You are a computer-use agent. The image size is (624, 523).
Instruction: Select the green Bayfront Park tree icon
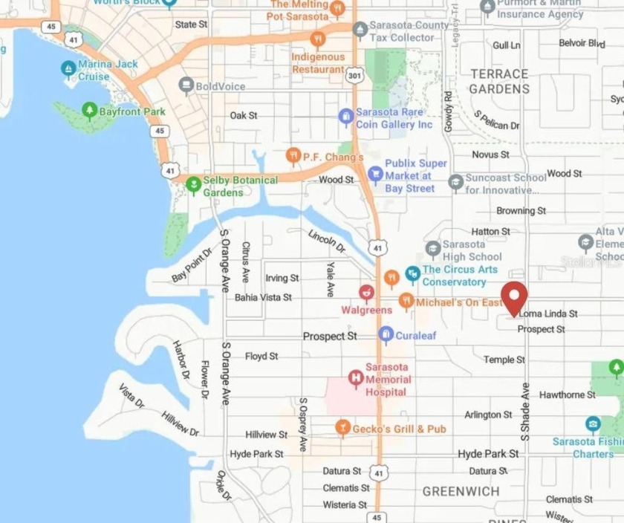(x=90, y=111)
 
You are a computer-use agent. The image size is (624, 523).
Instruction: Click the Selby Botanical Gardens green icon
(x=194, y=184)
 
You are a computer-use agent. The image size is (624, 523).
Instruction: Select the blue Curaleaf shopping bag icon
(x=386, y=335)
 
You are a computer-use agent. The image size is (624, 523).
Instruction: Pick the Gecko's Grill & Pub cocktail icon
(x=342, y=427)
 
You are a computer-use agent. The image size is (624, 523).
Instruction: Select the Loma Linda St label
(x=548, y=314)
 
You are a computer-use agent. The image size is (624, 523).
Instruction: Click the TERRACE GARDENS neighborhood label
(x=498, y=81)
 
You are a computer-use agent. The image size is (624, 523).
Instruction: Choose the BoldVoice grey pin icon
(x=185, y=86)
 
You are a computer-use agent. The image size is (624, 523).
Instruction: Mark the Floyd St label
(x=261, y=357)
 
